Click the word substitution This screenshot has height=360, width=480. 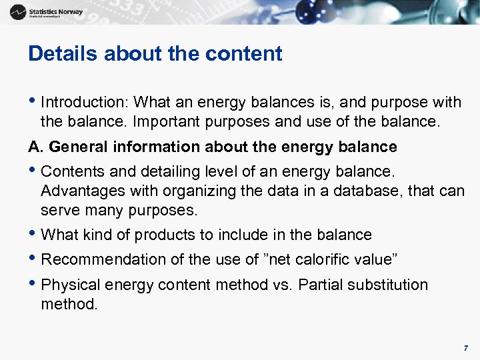point(388,285)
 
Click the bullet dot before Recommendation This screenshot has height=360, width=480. point(33,259)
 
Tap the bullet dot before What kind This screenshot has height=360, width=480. point(33,234)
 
